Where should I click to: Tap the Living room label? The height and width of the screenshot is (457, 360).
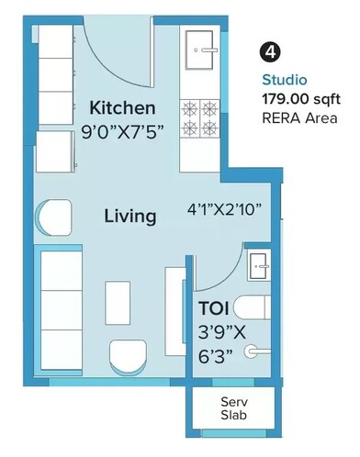129,217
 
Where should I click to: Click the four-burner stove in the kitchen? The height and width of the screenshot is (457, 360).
199,117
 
